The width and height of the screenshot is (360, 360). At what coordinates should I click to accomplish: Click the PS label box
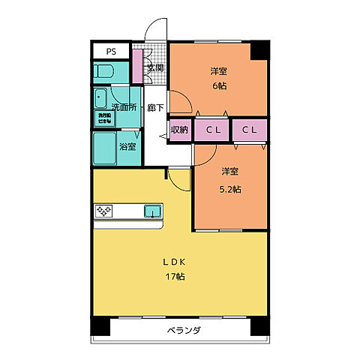[111, 52]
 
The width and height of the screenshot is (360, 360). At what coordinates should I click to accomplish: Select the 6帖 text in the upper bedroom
[219, 85]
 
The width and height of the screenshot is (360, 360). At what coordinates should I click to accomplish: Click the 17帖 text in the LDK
[175, 277]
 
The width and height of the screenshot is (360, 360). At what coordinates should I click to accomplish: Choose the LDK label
[175, 262]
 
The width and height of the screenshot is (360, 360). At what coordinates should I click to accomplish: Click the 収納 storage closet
[179, 130]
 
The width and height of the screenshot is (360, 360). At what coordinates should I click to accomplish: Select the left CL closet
[213, 130]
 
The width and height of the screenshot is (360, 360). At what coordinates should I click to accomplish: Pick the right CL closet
[250, 130]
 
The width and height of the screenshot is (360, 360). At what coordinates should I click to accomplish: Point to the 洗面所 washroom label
[124, 107]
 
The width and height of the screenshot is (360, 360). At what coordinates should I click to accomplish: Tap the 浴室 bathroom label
[128, 146]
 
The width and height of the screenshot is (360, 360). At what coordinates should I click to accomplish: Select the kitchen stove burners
[103, 211]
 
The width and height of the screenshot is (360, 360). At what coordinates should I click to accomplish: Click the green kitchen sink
[152, 211]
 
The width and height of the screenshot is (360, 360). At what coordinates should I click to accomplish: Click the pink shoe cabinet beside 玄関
[137, 67]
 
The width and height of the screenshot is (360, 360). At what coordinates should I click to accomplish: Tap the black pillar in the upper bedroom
[259, 50]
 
